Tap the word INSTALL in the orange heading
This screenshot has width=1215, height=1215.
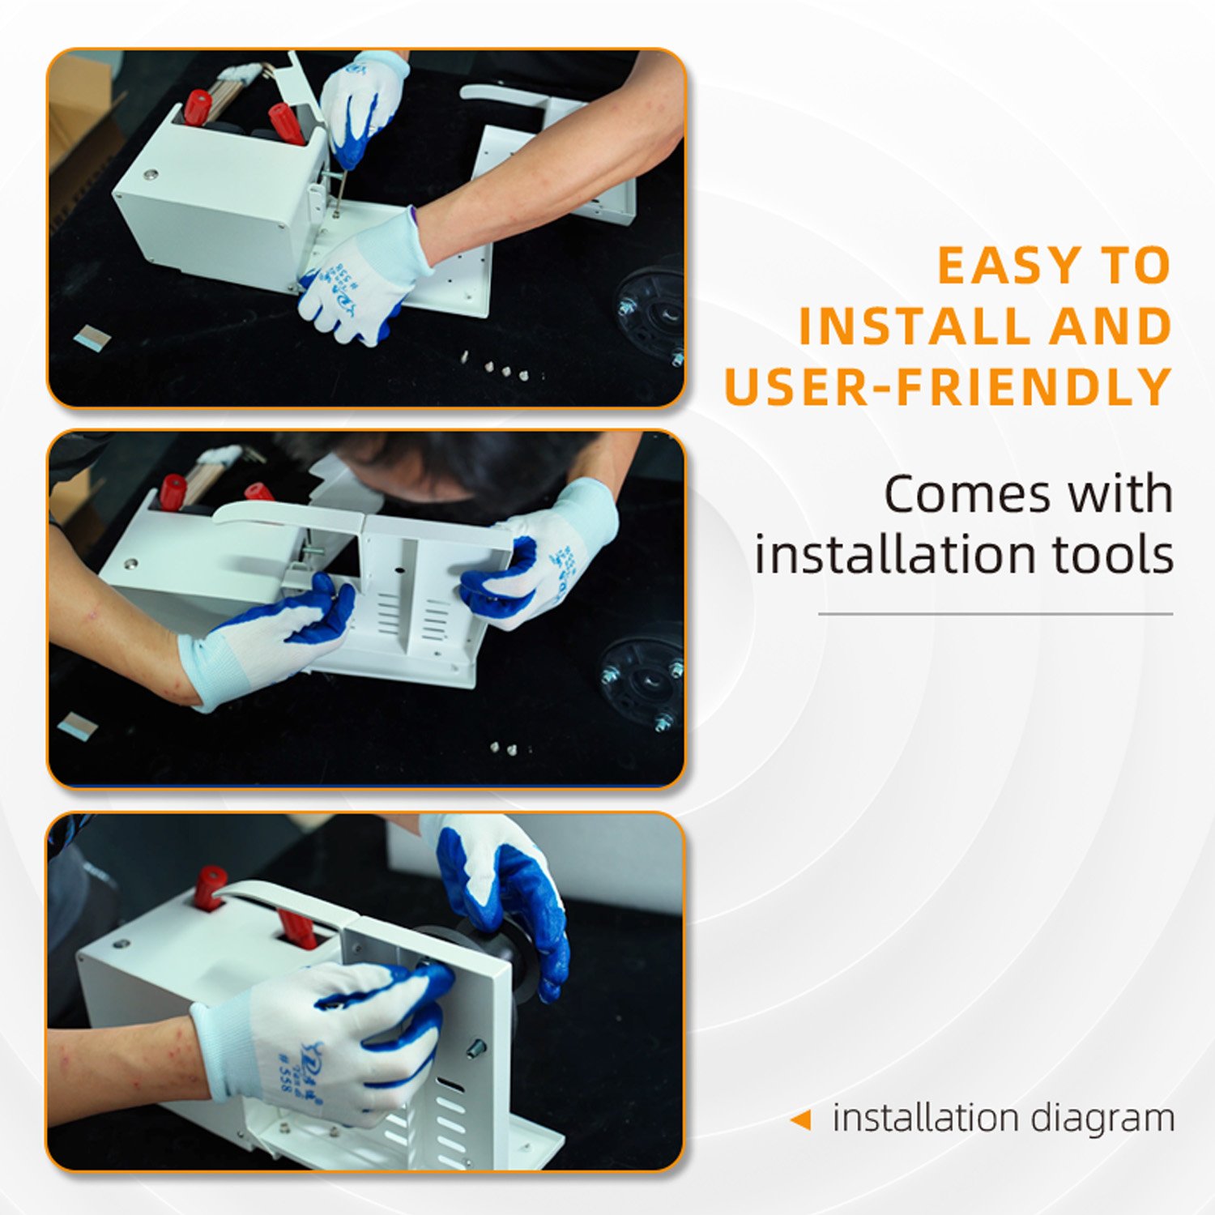pos(914,326)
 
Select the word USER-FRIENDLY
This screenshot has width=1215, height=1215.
pos(949,386)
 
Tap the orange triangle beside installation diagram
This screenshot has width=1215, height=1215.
pos(800,1120)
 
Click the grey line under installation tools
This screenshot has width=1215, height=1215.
pos(995,614)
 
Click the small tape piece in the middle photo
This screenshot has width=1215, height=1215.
pos(78,726)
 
